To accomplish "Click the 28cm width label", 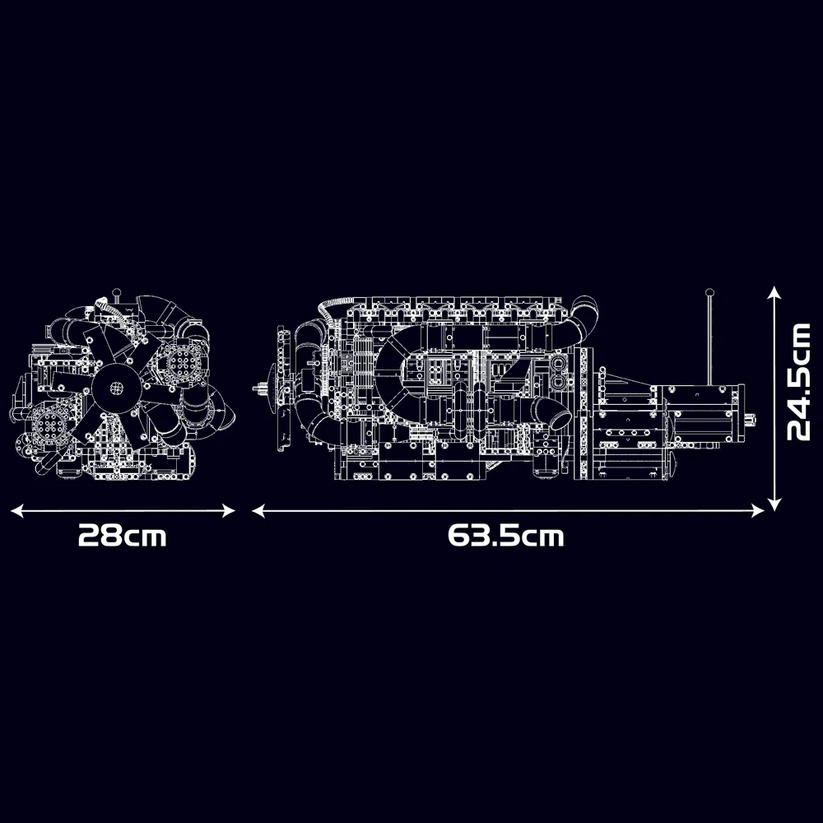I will point(123,536).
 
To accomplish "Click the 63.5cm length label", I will point(506,536).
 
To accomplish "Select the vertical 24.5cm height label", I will point(799,382).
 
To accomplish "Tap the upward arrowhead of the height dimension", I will point(774,292).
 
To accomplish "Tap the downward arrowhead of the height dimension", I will point(774,503).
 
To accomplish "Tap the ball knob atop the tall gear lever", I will point(709,293).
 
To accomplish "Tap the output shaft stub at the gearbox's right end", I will point(751,420).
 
